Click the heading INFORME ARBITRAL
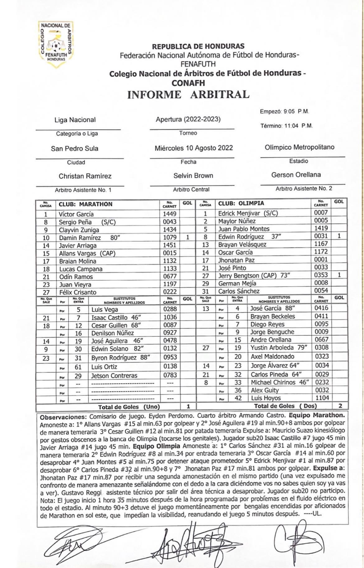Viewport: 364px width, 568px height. pos(188,94)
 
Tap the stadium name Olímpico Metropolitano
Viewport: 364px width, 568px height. pos(299,147)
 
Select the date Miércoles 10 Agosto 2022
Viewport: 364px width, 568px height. pos(194,148)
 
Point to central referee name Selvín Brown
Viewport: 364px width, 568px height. pos(193,176)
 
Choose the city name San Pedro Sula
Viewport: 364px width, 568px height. pos(75,149)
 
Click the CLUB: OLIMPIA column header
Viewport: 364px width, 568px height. pos(241,203)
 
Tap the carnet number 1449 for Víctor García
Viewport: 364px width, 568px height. pos(170,214)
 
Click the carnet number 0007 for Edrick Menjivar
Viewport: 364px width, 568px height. pos(321,213)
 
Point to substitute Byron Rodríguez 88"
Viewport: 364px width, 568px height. pos(120,358)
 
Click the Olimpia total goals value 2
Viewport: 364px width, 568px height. pos(340,406)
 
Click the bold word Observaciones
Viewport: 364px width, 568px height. pos(64,417)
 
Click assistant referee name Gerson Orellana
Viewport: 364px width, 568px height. pos(296,175)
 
